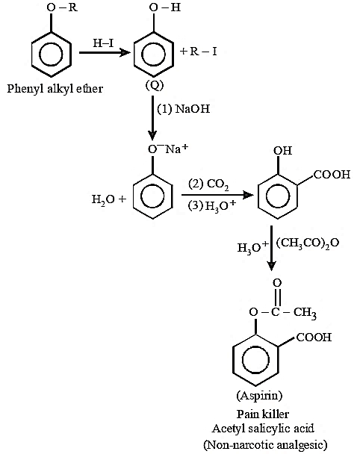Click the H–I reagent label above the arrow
point(103,43)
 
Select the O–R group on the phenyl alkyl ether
point(62,7)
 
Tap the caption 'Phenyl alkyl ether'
point(55,89)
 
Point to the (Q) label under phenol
point(155,85)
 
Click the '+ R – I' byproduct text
point(198,52)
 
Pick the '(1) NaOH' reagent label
point(184,109)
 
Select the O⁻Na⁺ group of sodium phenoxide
point(168,149)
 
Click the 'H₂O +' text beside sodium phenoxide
point(109,199)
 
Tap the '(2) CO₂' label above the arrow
point(208,184)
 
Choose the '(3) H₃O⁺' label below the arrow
point(211,206)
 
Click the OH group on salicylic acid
point(282,151)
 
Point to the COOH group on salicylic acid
point(332,174)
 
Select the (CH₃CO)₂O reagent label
point(308,243)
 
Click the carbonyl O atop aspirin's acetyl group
point(277,283)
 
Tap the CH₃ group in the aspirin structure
point(305,313)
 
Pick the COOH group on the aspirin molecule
point(314,338)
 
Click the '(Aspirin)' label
point(259,396)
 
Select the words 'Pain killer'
point(263,414)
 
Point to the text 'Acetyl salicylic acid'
point(263,429)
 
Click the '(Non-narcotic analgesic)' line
point(265,445)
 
